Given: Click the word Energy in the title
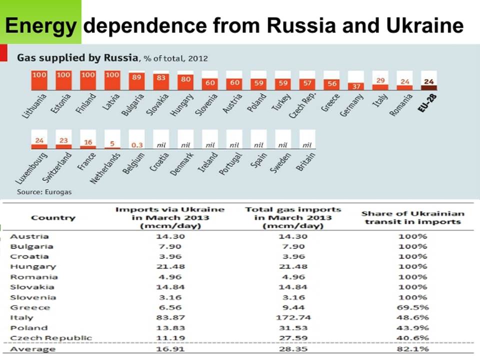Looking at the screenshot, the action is click(40, 25).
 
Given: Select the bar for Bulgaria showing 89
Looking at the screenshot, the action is click(137, 81).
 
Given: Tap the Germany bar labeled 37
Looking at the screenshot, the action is click(356, 86).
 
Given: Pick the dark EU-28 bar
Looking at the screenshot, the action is click(429, 87).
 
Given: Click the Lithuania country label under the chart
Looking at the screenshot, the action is click(34, 106).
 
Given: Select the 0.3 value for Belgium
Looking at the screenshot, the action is click(137, 145).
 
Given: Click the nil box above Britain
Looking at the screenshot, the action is click(307, 140).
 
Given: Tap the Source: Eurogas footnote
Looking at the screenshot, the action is click(44, 192).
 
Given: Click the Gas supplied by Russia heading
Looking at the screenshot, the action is click(77, 57).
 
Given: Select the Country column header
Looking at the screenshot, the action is click(53, 217).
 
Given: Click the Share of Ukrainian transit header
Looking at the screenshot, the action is click(412, 217).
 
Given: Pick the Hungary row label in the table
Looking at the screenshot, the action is click(33, 267).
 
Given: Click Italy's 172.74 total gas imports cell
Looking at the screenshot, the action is click(293, 318).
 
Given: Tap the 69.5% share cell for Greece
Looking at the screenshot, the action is click(412, 307).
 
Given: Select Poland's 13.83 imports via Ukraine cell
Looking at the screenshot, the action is click(170, 328).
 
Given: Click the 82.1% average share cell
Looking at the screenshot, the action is click(412, 349).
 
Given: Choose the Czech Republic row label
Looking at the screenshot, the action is click(51, 338).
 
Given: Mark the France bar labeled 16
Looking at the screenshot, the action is click(88, 147).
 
